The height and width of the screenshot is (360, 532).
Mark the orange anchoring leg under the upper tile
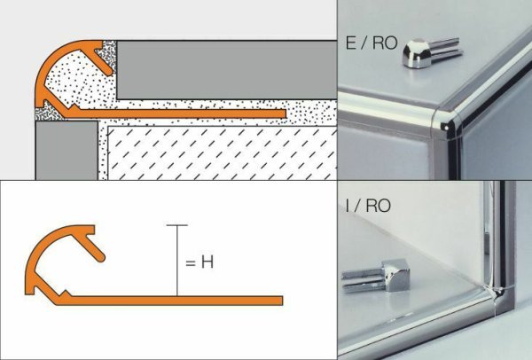click(x=195, y=113)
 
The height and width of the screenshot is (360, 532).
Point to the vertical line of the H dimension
click(x=177, y=262)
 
